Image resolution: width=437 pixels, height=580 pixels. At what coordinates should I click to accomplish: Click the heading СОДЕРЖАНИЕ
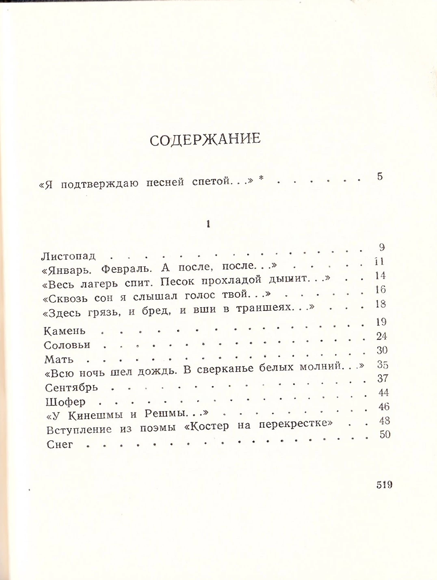[205, 140]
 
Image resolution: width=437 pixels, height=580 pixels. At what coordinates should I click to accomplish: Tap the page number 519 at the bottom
[384, 485]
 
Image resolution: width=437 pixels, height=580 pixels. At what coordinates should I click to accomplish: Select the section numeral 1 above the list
[208, 224]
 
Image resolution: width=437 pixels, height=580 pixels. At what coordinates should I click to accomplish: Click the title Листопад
[69, 256]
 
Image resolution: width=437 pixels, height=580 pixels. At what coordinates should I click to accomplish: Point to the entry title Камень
[65, 331]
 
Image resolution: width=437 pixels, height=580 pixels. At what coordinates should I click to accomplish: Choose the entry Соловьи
[67, 345]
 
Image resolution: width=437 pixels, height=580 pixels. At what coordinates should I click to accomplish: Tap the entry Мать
[59, 360]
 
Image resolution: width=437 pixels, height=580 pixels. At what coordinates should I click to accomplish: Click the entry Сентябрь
[71, 388]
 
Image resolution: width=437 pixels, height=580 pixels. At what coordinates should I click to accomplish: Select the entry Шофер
[65, 402]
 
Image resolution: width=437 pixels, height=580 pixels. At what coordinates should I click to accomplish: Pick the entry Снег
[60, 444]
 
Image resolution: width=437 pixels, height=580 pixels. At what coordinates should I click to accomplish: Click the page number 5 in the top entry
[380, 177]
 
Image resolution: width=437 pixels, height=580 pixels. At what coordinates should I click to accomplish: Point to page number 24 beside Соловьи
[381, 336]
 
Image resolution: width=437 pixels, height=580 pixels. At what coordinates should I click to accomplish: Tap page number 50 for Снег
[385, 434]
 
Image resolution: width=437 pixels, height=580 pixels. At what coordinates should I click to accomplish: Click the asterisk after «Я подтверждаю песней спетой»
[262, 178]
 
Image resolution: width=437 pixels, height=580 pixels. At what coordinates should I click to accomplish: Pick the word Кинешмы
[95, 415]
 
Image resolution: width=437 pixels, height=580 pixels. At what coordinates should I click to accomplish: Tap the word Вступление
[79, 430]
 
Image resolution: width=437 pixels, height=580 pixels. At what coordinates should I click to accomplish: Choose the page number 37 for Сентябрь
[383, 378]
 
